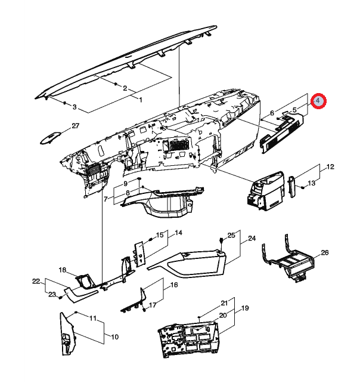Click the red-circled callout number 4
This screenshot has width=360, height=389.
click(318, 101)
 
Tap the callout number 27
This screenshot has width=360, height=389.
click(75, 126)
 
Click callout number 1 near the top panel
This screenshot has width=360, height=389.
click(141, 100)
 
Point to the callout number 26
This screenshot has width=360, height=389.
click(325, 252)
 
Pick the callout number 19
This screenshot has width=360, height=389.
click(245, 308)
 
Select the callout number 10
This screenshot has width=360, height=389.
click(114, 337)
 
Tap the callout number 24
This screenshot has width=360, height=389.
click(252, 238)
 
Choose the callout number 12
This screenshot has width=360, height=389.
click(331, 166)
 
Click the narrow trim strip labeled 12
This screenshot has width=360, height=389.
click(292, 187)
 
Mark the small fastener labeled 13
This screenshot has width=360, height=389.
click(303, 187)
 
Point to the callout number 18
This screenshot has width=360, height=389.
click(63, 270)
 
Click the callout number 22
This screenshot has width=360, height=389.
click(36, 282)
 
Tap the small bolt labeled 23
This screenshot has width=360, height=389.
click(60, 297)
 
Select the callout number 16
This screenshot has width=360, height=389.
click(174, 285)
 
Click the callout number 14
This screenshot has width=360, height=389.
click(178, 233)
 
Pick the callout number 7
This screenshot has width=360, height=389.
click(106, 199)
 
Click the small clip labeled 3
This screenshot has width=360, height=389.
click(64, 103)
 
